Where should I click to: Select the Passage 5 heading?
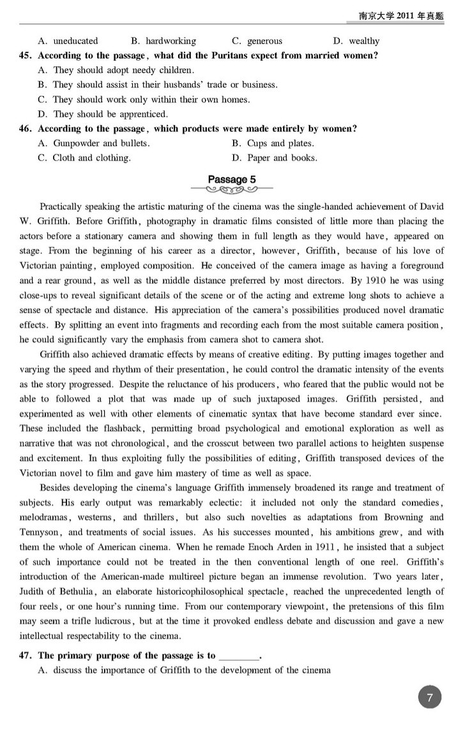point(231,179)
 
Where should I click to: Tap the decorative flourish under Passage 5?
point(231,190)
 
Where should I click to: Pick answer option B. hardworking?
point(163,41)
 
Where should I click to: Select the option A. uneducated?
point(68,41)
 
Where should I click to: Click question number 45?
point(26,56)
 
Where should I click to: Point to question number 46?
point(26,129)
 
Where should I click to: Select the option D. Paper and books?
point(275,158)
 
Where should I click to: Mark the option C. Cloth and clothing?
point(84,158)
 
